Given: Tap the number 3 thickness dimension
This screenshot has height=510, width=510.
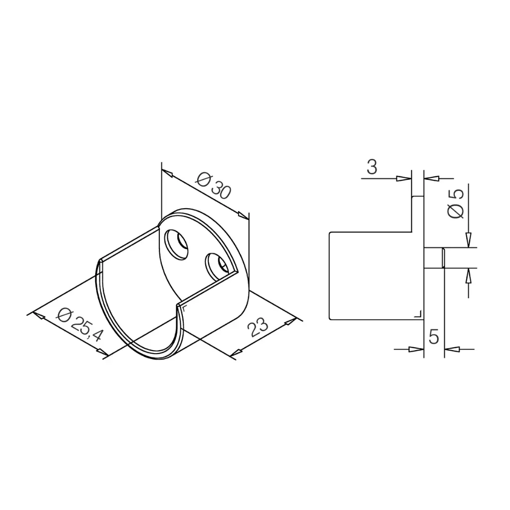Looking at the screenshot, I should pos(372,167).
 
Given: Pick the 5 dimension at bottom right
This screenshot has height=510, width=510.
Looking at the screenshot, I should pos(433,337).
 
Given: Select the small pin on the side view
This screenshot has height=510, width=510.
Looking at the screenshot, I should pos(434,258).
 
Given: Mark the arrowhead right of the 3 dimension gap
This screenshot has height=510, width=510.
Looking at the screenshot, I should pos(432,177).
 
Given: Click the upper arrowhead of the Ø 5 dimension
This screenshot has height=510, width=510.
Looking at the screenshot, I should pos(468,241).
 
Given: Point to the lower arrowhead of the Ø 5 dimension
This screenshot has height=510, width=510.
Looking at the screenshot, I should pos(468,275).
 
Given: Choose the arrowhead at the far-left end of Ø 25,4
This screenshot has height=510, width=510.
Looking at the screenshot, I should pos(36,315).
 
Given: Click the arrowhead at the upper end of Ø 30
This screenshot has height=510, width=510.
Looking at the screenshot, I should pos(168,174).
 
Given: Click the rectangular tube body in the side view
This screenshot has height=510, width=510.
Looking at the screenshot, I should pos(371,275).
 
